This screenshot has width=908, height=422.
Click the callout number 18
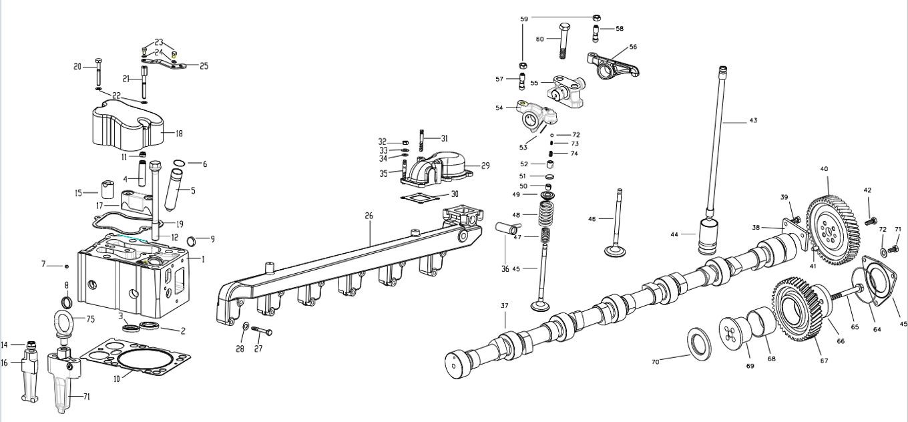[179, 134]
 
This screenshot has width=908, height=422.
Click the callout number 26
[369, 216]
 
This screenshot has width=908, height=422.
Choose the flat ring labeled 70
[699, 345]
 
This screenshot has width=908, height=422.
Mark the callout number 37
[505, 306]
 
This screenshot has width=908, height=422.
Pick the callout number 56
[633, 47]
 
